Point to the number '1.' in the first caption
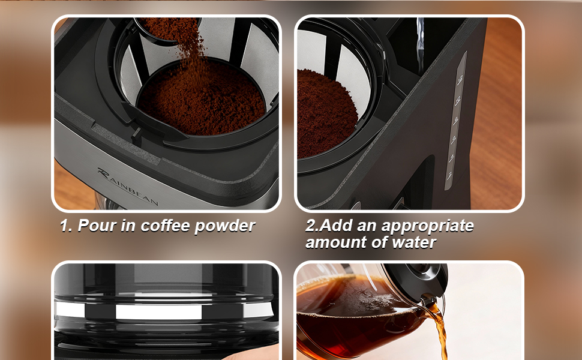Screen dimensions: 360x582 coord(66,226)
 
